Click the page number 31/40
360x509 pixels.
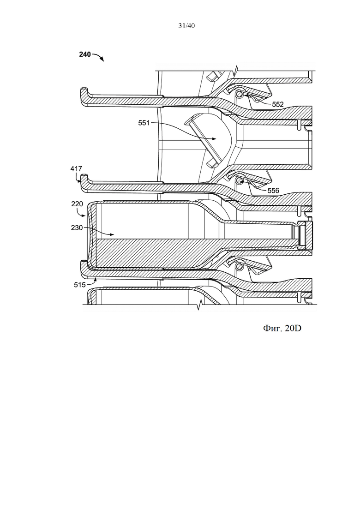(186, 26)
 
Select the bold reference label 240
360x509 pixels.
(85, 54)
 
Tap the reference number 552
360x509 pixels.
(278, 105)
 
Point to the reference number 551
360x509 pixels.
(144, 123)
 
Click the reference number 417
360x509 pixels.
(76, 169)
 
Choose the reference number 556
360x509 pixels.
(273, 191)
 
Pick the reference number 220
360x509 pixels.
(77, 204)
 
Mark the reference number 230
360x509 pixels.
(77, 228)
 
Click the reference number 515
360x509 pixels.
(80, 285)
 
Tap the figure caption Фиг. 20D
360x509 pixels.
(282, 328)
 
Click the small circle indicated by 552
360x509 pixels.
(240, 94)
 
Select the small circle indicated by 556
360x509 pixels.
(240, 180)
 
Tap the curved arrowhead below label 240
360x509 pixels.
(102, 60)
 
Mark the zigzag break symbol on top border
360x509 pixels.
(237, 70)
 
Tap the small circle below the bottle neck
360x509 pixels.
(240, 267)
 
